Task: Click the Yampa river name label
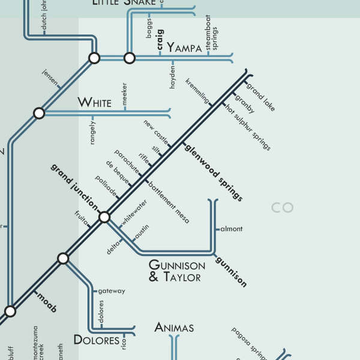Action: (184, 48)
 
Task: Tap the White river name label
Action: (94, 103)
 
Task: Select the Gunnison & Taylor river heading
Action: (176, 271)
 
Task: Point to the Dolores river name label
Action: (96, 340)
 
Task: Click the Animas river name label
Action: (174, 328)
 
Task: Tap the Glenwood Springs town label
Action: (214, 172)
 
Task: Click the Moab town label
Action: (46, 302)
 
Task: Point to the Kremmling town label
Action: (197, 90)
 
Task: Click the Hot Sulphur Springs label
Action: (248, 127)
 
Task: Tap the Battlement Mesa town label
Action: (169, 203)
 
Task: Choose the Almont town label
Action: (232, 229)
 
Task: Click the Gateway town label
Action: (112, 291)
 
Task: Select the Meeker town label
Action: (125, 95)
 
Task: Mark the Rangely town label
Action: (92, 131)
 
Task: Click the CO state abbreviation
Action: (282, 208)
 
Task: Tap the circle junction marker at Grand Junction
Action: (104, 217)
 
